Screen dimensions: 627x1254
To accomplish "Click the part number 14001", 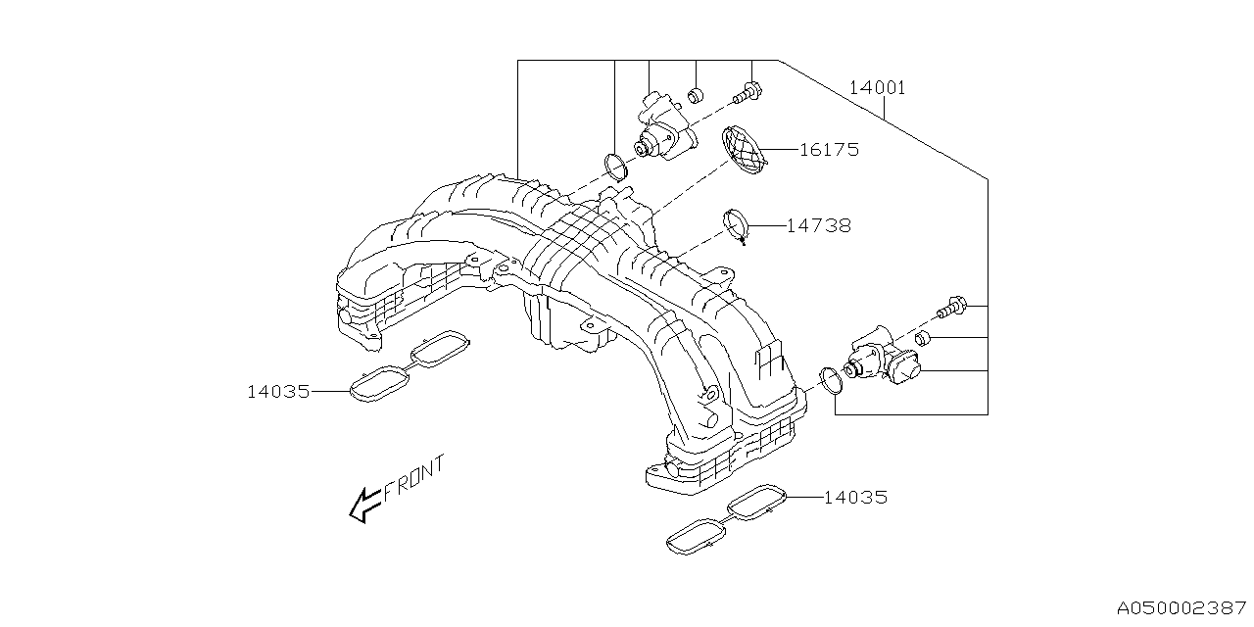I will click(x=877, y=88).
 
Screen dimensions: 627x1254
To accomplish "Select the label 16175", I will click(x=828, y=150).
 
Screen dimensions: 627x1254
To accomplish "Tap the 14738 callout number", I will click(x=818, y=225).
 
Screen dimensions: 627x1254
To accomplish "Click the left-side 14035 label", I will click(x=278, y=392).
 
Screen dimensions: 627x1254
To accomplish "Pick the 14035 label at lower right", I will click(x=855, y=498).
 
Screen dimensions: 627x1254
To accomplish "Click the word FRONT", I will click(x=413, y=479).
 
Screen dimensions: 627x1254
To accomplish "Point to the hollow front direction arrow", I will click(x=364, y=505).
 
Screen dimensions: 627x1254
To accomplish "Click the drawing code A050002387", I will click(x=1184, y=608).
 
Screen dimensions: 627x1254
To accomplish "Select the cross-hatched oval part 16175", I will click(x=745, y=152).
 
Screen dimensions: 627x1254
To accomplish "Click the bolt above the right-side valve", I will click(x=951, y=309).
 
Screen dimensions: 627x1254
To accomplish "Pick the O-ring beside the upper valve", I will click(x=615, y=169).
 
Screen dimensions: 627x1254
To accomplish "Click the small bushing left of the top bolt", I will click(x=695, y=95).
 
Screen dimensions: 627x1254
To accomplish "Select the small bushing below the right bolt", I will click(x=923, y=339).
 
